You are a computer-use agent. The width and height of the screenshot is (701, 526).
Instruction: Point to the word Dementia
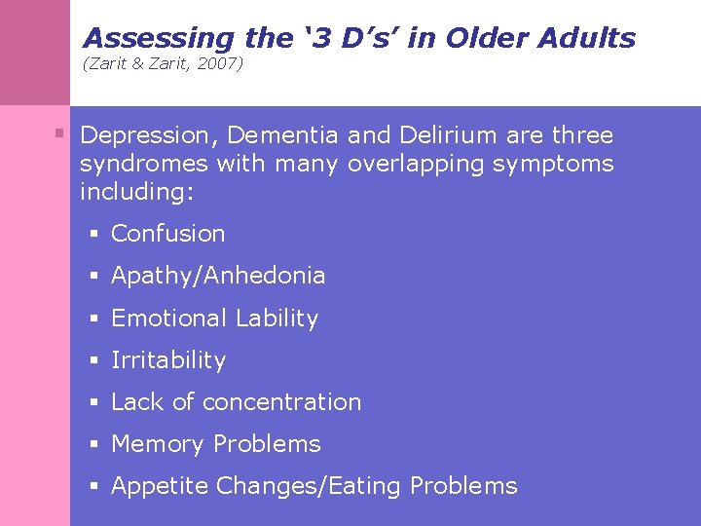click(282, 135)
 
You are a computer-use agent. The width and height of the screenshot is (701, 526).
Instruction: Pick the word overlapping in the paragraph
click(417, 164)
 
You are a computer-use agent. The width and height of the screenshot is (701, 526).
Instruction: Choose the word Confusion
click(167, 234)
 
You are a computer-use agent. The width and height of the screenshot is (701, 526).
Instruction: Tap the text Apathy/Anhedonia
click(218, 276)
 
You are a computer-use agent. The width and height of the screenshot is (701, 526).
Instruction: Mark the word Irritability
click(168, 360)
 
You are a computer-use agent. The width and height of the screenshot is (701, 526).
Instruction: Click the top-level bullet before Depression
click(60, 132)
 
